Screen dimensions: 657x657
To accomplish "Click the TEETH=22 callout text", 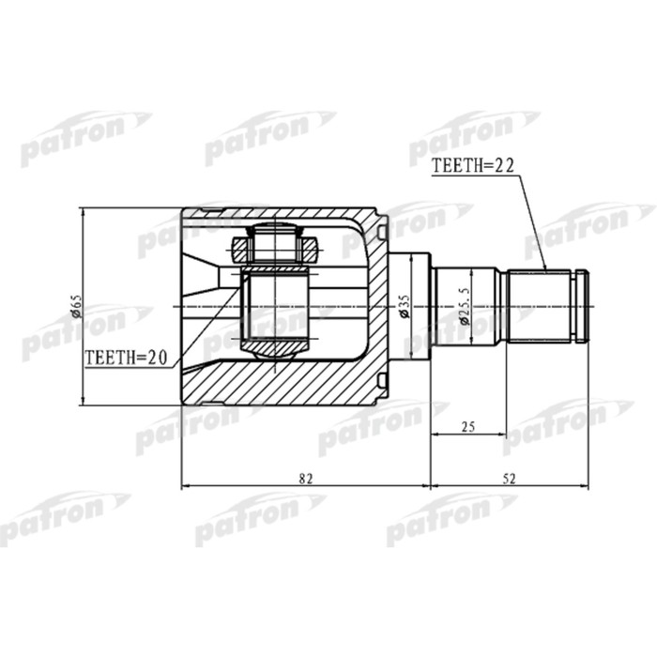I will pyautogui.click(x=475, y=166).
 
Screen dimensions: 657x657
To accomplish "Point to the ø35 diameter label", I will pyautogui.click(x=403, y=306).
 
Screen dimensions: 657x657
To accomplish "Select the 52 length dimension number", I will pyautogui.click(x=510, y=478).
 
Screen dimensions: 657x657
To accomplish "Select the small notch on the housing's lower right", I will pyautogui.click(x=383, y=378).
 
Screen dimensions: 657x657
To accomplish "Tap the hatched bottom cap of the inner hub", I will pyautogui.click(x=275, y=349).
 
